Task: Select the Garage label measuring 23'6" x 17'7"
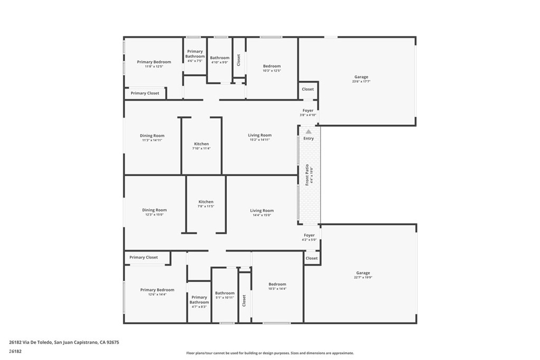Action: click(361, 77)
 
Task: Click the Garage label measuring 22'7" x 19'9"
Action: click(363, 273)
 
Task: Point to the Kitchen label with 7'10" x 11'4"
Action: click(201, 144)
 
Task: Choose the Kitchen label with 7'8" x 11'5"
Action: click(206, 202)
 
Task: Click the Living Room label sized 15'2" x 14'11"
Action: click(260, 135)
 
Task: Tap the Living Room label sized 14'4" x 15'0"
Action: click(262, 211)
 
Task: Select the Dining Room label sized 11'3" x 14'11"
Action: click(152, 136)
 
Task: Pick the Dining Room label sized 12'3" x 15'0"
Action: click(154, 210)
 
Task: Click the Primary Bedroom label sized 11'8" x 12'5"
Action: click(154, 62)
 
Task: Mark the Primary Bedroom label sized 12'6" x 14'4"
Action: click(157, 290)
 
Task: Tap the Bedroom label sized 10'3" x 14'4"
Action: click(277, 284)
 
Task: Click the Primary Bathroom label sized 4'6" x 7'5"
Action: click(195, 54)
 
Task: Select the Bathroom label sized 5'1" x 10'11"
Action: click(225, 293)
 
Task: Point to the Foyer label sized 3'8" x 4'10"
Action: click(308, 111)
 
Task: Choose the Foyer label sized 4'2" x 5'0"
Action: click(309, 236)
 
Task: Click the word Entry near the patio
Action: click(308, 139)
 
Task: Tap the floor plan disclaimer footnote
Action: click(269, 353)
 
